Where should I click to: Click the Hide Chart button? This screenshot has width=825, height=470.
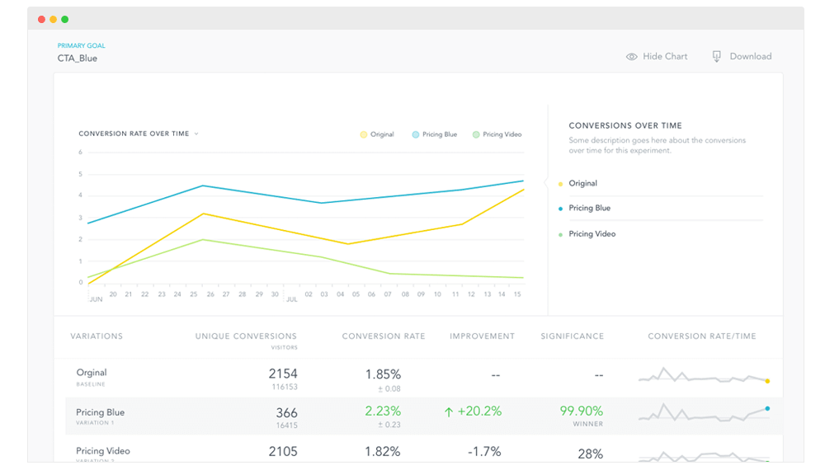(657, 56)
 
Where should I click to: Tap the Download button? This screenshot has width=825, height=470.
(742, 56)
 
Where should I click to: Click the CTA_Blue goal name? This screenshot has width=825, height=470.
(78, 59)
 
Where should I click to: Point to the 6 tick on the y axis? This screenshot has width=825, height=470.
(81, 153)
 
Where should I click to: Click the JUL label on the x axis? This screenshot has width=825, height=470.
(291, 300)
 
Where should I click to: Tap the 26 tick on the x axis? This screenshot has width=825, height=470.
(210, 294)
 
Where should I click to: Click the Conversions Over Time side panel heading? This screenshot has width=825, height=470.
(625, 126)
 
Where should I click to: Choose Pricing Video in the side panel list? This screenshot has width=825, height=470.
(592, 234)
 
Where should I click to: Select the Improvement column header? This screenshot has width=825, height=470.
(482, 336)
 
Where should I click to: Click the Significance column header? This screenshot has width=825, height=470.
(573, 336)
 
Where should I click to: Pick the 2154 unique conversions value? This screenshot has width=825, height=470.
(282, 374)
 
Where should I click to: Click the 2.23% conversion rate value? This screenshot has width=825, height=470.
(383, 411)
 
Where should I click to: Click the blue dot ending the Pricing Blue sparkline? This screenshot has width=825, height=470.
(767, 408)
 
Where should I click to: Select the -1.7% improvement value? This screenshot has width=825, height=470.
(484, 451)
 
